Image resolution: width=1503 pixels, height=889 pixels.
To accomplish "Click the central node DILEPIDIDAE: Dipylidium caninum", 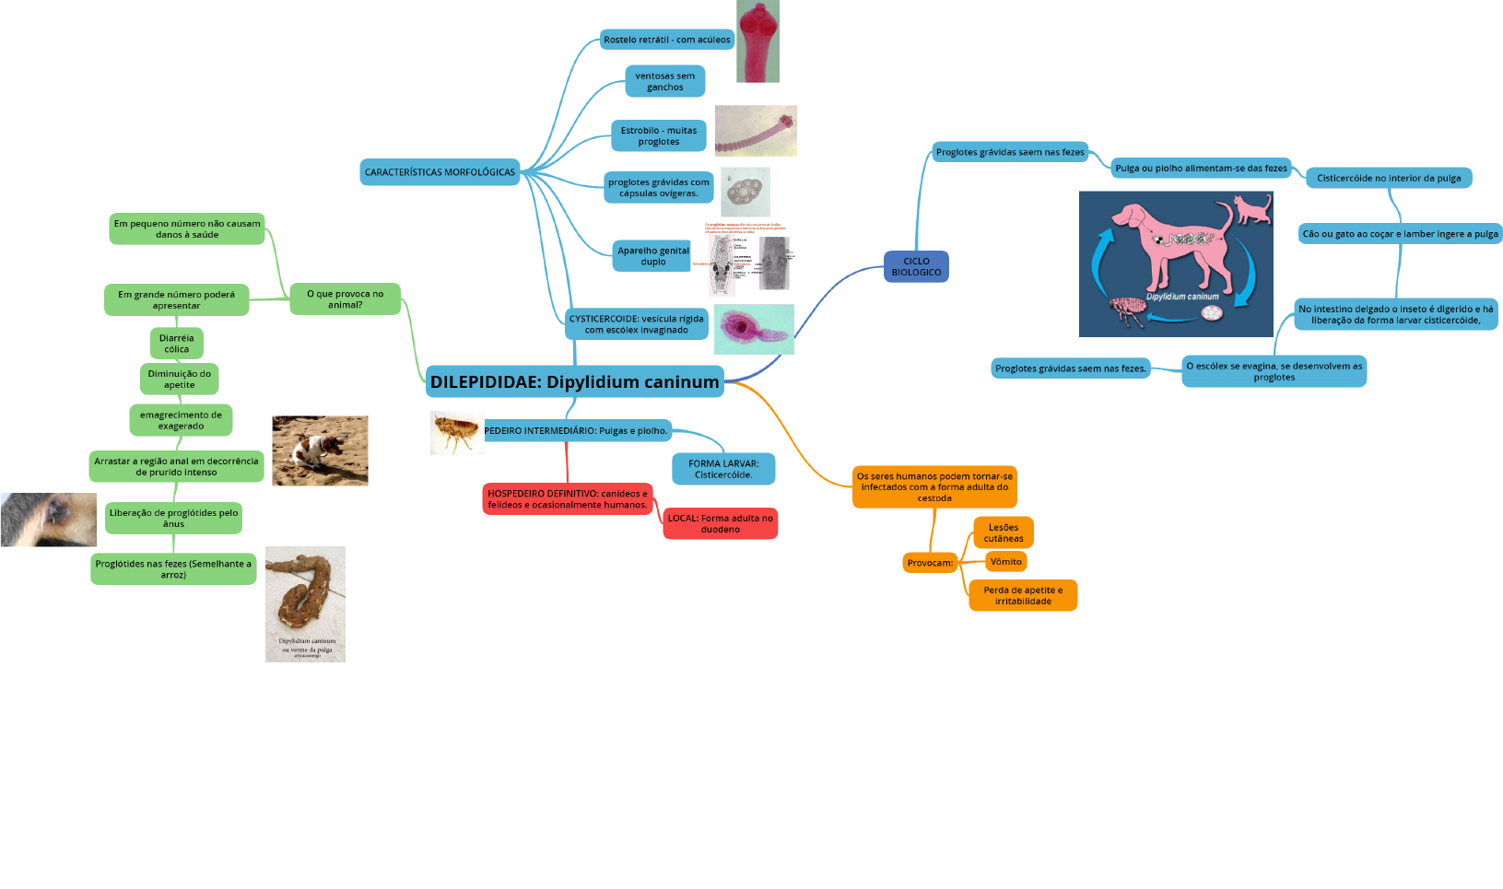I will tap(574, 381).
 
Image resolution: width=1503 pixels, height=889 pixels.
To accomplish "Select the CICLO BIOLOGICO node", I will tap(916, 267).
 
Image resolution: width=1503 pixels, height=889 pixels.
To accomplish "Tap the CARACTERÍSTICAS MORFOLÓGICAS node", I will tap(440, 172).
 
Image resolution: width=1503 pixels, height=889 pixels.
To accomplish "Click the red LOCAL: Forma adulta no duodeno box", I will tap(720, 523).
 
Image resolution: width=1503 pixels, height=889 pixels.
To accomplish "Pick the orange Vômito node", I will tap(1005, 562).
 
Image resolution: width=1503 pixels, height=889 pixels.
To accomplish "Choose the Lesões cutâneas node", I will tap(1003, 532).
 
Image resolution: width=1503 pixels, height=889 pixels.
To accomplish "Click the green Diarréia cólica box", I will tap(176, 344).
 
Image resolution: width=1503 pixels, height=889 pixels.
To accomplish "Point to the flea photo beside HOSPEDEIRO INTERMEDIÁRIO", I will tap(456, 432).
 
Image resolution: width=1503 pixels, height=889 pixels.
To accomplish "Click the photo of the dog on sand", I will tap(320, 450).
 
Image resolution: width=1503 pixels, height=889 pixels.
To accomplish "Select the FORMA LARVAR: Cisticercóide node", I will tap(723, 469).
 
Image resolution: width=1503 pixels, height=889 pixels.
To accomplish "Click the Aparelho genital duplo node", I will tap(652, 256).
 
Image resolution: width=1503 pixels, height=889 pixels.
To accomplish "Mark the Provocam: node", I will tap(930, 563).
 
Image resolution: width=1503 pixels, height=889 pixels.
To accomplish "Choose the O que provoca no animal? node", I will tap(345, 299).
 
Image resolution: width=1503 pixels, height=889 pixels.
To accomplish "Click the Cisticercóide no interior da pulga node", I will tap(1388, 178).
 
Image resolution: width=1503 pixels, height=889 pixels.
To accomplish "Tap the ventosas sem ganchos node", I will tap(664, 81).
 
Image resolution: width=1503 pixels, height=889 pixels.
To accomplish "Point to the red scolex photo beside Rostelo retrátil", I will tap(757, 41).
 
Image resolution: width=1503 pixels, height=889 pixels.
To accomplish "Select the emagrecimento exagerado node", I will tap(181, 420).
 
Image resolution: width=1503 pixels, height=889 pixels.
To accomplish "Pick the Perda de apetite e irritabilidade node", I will tap(1022, 595).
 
